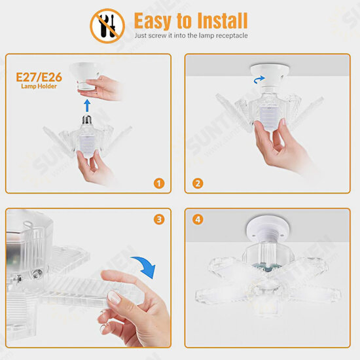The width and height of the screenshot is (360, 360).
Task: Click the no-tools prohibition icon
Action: [x=107, y=26]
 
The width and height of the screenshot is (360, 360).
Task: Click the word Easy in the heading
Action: [x=153, y=21]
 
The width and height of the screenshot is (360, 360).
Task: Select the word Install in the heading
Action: [x=223, y=20]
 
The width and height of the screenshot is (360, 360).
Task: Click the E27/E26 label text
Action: [x=39, y=77]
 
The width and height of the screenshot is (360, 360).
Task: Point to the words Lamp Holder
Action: [x=39, y=86]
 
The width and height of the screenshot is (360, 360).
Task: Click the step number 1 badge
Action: [x=159, y=183]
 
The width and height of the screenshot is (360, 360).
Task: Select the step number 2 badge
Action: [x=198, y=183]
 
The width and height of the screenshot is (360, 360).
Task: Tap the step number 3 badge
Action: [x=159, y=219]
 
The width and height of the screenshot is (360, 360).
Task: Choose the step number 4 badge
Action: [x=198, y=219]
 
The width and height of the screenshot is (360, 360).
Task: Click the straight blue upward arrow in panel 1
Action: [x=87, y=105]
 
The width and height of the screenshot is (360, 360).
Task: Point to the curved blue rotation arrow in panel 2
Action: [x=259, y=80]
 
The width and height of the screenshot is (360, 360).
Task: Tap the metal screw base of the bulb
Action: [x=87, y=120]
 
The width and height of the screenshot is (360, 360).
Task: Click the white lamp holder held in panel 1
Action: [x=85, y=75]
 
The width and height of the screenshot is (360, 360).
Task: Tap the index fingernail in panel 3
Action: [x=114, y=297]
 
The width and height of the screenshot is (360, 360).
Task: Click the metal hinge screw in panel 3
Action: [x=36, y=274]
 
